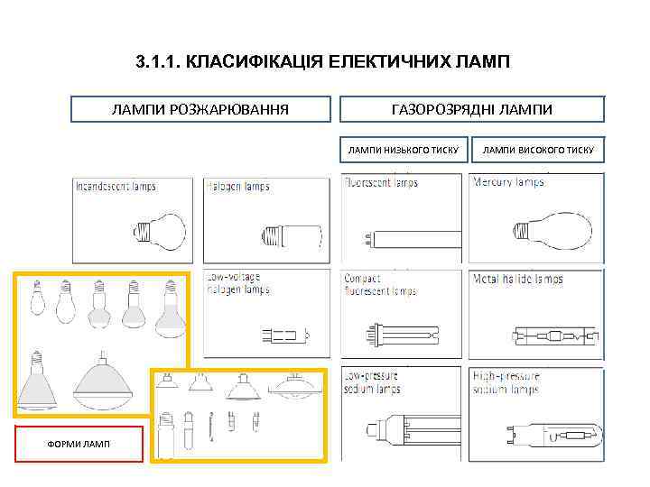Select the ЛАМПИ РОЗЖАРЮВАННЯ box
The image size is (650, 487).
pos(200,109)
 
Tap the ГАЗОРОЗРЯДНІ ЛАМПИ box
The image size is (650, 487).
pos(471,109)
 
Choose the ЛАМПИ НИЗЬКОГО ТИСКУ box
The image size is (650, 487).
pos(404,150)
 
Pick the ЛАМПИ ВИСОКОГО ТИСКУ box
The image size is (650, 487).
pos(538,150)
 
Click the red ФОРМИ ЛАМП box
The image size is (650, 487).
pos(79,444)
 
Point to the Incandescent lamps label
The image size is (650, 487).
pos(116,187)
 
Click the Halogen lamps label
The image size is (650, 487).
pos(238,187)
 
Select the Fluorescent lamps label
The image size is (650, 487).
pos(381,182)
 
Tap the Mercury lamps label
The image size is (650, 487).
pos(508,182)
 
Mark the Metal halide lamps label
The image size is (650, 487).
pos(517,279)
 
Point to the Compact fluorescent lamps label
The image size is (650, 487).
pos(380,285)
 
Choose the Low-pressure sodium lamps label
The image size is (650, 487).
pos(373,382)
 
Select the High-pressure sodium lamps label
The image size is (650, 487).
pos(506,382)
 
